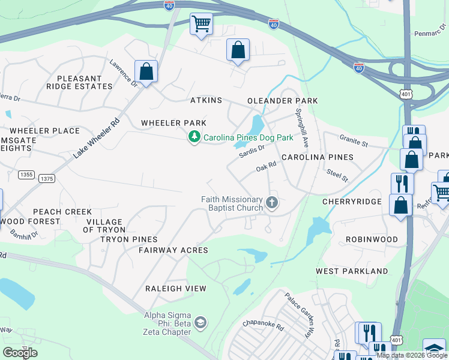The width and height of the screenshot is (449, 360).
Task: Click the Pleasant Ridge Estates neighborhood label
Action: coord(84,82)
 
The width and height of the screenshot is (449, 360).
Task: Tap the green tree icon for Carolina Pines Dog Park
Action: coord(194,137)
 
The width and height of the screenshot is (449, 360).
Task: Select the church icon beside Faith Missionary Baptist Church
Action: coord(272,203)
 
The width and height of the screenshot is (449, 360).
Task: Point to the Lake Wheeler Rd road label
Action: coord(97,137)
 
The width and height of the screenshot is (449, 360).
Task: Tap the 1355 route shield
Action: coord(26,175)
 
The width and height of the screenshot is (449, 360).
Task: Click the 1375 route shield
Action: coord(46,179)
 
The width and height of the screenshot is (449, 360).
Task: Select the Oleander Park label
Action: coord(282,101)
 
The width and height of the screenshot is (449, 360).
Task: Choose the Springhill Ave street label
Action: coord(301,128)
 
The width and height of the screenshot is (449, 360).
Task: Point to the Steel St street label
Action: coord(337,175)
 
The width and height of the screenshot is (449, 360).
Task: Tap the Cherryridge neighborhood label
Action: coord(352,202)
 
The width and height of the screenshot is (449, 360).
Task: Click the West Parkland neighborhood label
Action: coord(352,271)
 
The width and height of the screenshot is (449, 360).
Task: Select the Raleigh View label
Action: coord(176,289)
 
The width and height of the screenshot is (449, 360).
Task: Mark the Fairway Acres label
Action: coord(173,250)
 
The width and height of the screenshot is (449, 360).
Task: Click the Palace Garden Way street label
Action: coord(300,315)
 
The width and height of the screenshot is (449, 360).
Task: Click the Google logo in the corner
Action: coord(20,353)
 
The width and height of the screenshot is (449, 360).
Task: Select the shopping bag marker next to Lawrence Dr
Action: coord(146,71)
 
